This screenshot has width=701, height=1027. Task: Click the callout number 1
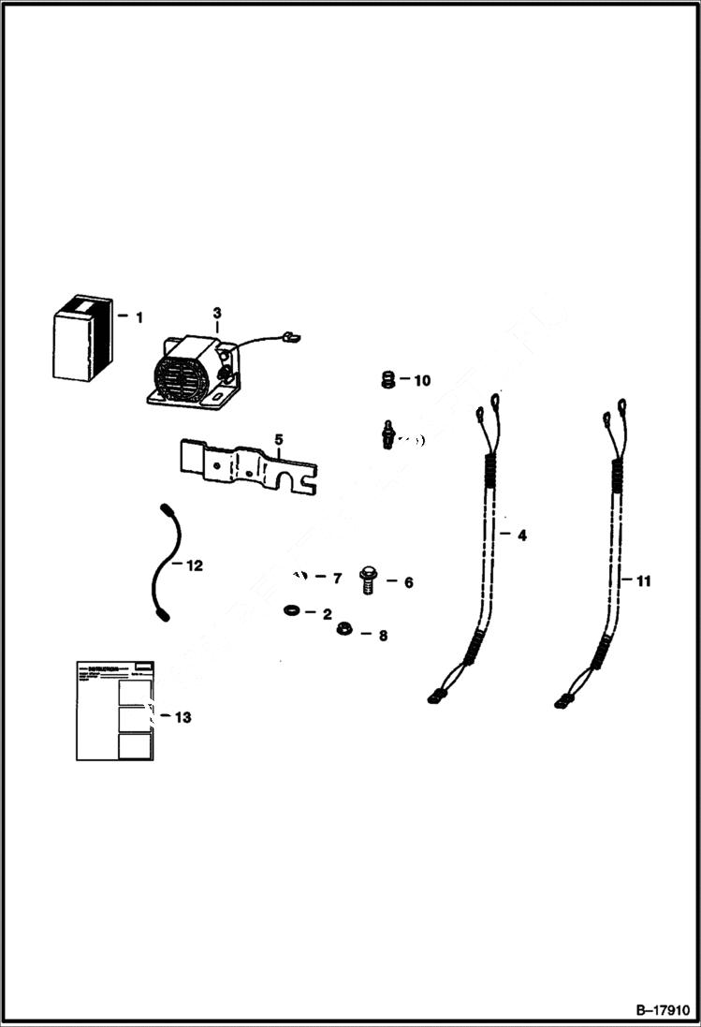(139, 317)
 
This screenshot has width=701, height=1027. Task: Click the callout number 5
(277, 438)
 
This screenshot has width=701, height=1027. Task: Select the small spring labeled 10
(383, 380)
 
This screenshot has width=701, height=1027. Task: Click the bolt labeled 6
(367, 582)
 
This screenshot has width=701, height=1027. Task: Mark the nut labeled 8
(343, 628)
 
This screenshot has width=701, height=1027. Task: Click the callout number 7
(337, 579)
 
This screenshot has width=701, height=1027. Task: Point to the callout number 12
(193, 565)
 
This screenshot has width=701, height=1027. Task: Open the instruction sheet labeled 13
(114, 711)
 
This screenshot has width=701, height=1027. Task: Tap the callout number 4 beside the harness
(521, 536)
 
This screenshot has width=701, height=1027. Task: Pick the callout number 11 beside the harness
(642, 580)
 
